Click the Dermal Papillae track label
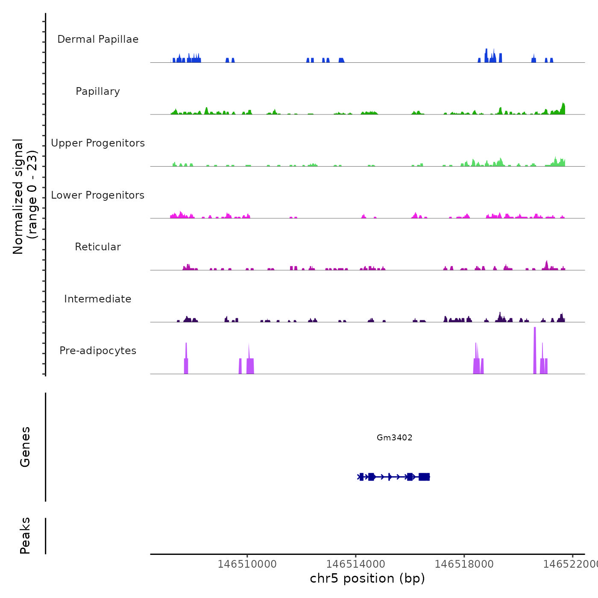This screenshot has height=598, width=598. click(x=98, y=39)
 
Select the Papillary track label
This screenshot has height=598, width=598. click(x=98, y=91)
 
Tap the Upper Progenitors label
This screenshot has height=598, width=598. click(x=98, y=143)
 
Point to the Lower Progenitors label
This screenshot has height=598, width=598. click(x=98, y=195)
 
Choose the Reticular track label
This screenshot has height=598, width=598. click(x=98, y=247)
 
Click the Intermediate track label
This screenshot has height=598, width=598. click(x=98, y=299)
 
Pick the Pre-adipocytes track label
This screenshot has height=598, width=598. click(x=98, y=351)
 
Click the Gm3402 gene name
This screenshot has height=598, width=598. click(x=394, y=437)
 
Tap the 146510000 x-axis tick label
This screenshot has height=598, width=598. click(x=247, y=564)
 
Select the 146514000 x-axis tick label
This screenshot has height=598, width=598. click(x=355, y=564)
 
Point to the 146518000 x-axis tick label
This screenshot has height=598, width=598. click(x=464, y=564)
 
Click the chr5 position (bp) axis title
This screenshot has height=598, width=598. click(x=367, y=578)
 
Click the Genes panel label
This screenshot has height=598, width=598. click(x=25, y=447)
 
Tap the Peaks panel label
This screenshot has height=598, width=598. click(x=25, y=536)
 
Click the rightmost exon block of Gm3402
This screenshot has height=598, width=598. click(x=424, y=477)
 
